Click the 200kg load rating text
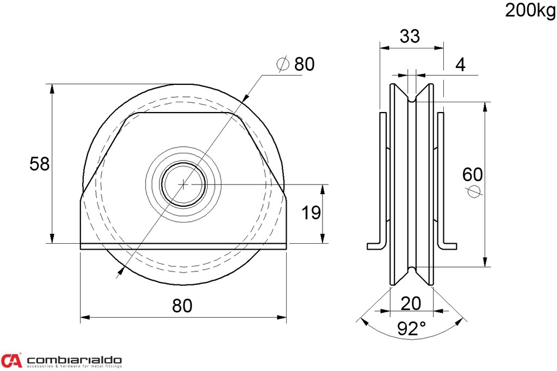click(x=530, y=10)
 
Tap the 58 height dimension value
click(x=39, y=164)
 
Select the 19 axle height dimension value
click(x=311, y=213)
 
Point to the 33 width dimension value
click(x=410, y=36)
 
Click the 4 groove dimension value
click(x=460, y=65)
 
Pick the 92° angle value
click(x=411, y=329)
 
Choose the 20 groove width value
click(x=411, y=303)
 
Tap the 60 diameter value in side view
click(x=472, y=175)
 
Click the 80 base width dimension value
click(x=182, y=306)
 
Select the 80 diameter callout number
click(x=304, y=64)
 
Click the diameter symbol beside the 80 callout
click(x=283, y=65)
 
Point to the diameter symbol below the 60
click(x=473, y=191)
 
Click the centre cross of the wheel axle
click(x=184, y=184)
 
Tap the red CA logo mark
click(x=11, y=360)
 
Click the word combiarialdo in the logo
click(x=74, y=360)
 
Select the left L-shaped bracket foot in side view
click(x=376, y=246)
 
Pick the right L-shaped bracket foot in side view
click(x=448, y=246)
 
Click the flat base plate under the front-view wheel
click(x=183, y=246)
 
